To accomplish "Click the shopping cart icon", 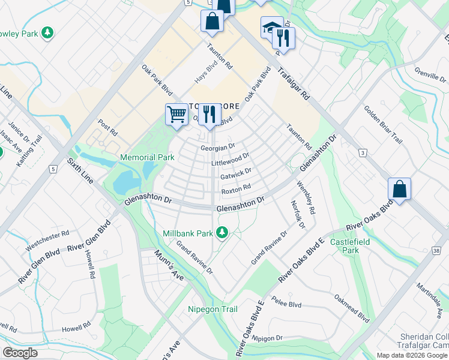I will (x=176, y=113).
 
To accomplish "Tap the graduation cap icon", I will (x=271, y=27).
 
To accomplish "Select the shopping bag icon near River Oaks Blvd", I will (x=399, y=189).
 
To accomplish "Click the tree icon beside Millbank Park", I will (x=222, y=232).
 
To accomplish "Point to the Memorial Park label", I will (x=147, y=158).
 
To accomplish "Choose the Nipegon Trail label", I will (x=212, y=310).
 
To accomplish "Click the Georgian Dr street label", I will (x=217, y=146).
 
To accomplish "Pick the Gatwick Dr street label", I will (x=235, y=175).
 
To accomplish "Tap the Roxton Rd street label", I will (x=236, y=188).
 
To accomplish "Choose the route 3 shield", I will (x=363, y=154).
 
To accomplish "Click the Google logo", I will (x=20, y=353).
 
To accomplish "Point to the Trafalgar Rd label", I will (x=294, y=83).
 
